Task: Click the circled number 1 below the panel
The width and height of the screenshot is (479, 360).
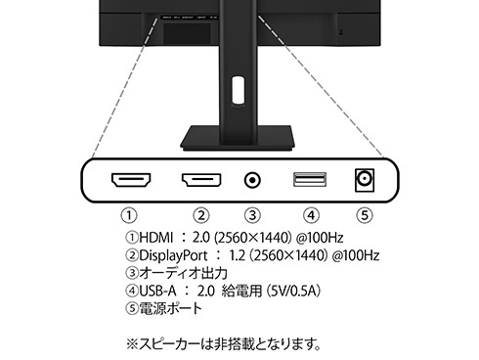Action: [x=128, y=214]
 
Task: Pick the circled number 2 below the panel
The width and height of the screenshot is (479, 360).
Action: [x=200, y=214]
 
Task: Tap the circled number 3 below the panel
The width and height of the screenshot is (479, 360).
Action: [x=252, y=214]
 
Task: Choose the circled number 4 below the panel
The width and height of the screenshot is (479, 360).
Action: [x=310, y=214]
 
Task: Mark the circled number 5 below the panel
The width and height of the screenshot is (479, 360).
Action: [x=365, y=214]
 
